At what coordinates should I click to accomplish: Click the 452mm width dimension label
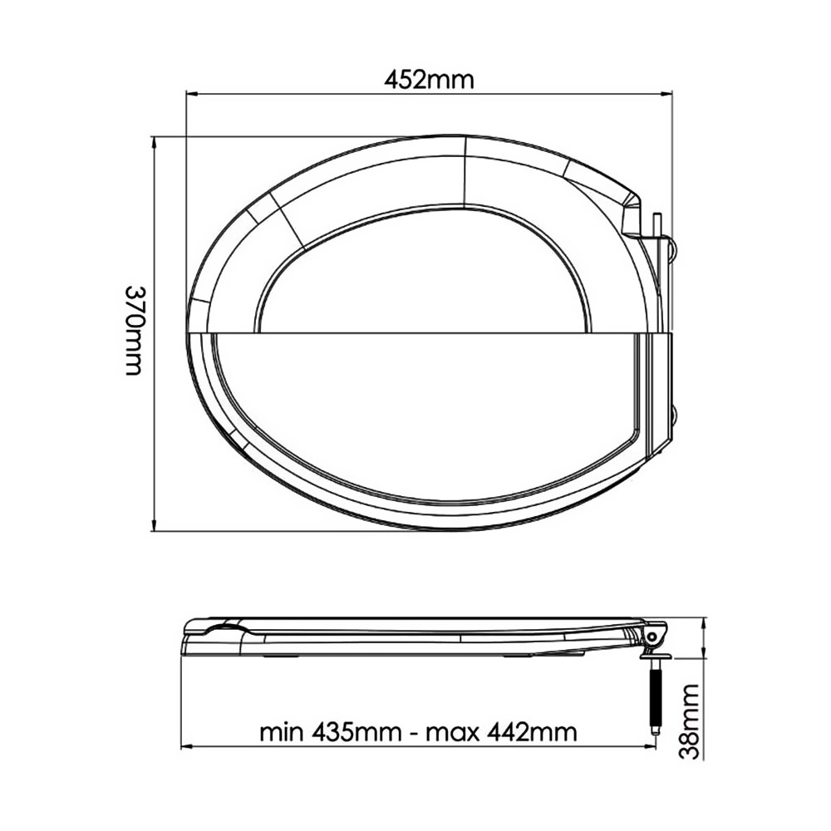pos(429,80)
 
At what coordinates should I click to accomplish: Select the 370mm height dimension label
pos(134,331)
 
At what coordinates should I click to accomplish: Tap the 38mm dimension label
pos(690,721)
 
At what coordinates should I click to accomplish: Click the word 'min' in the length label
pos(281,732)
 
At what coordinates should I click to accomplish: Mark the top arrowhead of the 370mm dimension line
pos(154,143)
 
